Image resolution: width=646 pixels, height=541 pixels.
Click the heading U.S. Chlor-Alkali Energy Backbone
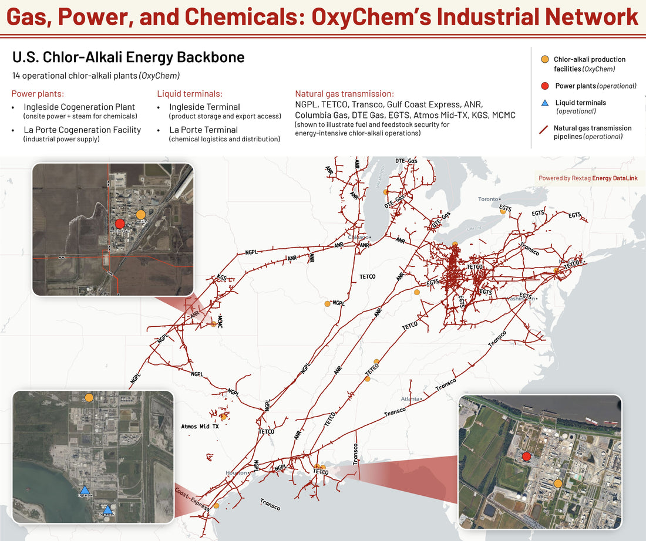click(x=128, y=58)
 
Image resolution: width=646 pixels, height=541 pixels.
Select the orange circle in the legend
click(x=544, y=59)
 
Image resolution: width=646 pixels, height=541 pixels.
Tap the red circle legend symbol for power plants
click(x=544, y=86)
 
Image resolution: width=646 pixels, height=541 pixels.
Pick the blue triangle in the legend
click(x=544, y=103)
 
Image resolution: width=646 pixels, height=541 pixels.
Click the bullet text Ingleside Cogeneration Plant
click(x=79, y=107)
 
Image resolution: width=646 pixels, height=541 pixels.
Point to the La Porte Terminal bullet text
click(x=203, y=130)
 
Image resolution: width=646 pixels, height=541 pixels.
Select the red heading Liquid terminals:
click(x=190, y=94)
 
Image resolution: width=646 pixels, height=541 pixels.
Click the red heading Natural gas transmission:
click(x=344, y=94)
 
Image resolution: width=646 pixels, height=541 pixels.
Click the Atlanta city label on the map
click(x=410, y=399)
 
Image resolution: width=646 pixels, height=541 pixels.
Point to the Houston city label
click(x=236, y=473)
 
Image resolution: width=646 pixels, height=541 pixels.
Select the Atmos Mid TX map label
click(x=200, y=427)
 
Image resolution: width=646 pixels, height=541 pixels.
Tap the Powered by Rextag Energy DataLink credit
click(x=588, y=178)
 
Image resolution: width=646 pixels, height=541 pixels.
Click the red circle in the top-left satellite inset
click(x=120, y=224)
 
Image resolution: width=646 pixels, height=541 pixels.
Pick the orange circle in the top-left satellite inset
click(x=140, y=214)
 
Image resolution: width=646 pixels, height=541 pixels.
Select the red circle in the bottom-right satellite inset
click(x=526, y=457)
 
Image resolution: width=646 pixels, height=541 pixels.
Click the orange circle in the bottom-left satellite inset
click(x=89, y=398)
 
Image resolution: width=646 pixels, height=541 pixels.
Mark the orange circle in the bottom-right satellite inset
click(x=558, y=483)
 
